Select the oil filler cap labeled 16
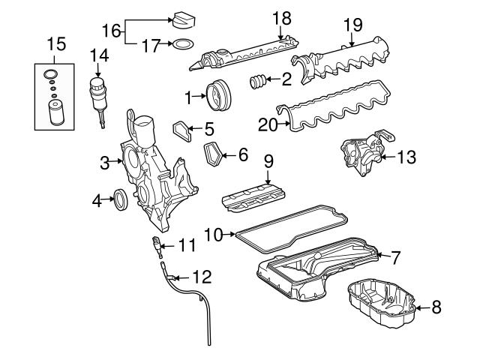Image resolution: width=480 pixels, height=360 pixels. [x=184, y=19]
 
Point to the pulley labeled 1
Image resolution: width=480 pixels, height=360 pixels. [x=220, y=95]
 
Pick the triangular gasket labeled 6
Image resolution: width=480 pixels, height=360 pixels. [x=216, y=155]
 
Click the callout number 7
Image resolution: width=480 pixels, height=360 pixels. [x=395, y=257]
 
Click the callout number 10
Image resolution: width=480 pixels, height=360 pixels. [x=214, y=235]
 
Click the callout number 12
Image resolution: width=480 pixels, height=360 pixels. [x=202, y=277]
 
